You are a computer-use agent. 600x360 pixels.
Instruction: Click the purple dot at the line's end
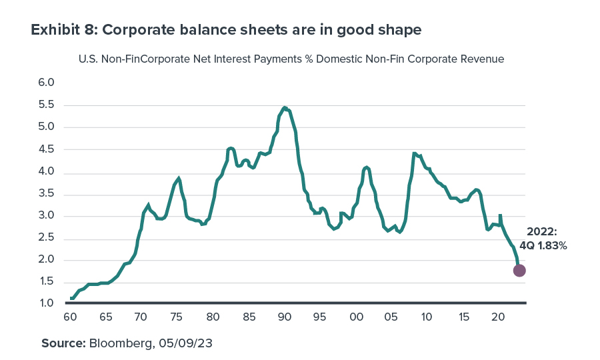[519, 270]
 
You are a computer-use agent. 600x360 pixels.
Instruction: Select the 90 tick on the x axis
[285, 316]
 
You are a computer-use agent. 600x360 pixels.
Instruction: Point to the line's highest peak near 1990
[285, 107]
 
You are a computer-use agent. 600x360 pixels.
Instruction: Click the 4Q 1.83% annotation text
[543, 245]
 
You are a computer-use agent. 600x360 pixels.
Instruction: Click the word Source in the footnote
[62, 343]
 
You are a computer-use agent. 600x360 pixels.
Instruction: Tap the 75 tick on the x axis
[177, 316]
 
